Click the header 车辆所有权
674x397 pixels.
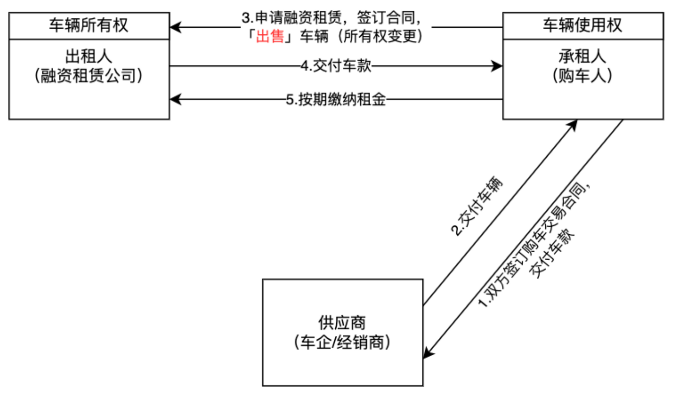point(89,25)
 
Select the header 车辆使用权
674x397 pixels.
point(582,25)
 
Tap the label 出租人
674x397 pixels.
point(89,56)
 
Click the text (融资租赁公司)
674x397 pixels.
point(89,76)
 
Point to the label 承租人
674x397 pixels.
point(582,56)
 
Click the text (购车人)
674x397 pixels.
point(582,76)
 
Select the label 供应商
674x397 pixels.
point(342,323)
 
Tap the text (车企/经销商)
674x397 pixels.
point(342,342)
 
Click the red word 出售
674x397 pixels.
point(270,36)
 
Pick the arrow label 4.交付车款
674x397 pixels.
point(336,66)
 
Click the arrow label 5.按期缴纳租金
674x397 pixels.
point(336,99)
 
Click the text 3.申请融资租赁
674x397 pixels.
point(292,18)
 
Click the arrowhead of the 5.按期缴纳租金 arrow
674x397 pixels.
point(175,99)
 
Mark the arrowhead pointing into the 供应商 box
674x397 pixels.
point(428,353)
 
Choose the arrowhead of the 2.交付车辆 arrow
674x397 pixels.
point(573,125)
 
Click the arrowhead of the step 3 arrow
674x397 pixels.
point(175,27)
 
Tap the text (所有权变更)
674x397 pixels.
point(380,36)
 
